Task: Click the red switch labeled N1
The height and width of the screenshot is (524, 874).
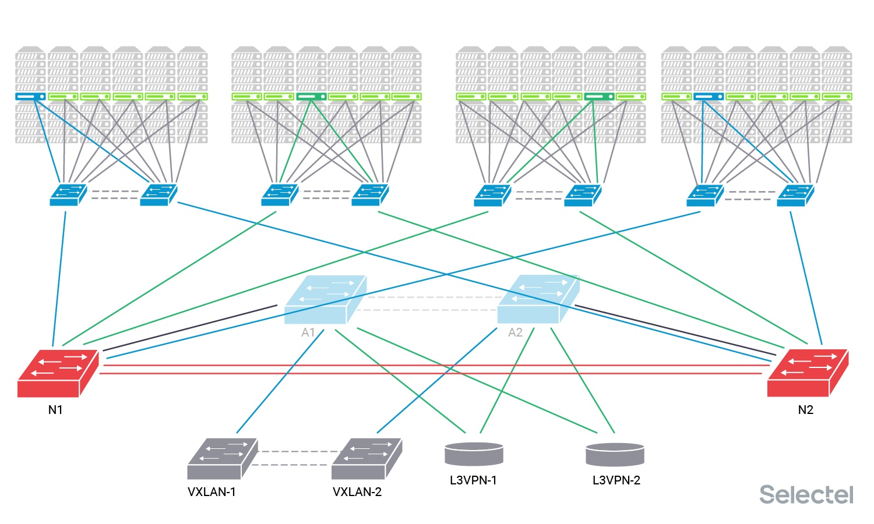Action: point(57,374)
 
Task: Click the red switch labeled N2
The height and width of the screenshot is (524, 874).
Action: point(807,374)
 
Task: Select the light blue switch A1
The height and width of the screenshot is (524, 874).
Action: point(325,299)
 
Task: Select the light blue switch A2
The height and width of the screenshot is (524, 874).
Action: point(537,299)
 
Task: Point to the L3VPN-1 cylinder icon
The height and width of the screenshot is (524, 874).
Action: point(474,454)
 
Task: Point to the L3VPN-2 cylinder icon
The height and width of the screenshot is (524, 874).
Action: point(615,455)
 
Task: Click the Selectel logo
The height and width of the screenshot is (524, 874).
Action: point(806,495)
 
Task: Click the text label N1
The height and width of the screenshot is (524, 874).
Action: point(55,410)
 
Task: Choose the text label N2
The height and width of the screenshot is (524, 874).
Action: point(805,410)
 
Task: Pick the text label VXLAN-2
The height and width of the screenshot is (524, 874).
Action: point(357,492)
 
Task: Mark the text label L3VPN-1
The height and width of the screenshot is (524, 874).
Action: point(473,480)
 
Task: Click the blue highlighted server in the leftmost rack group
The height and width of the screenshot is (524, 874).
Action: point(30,96)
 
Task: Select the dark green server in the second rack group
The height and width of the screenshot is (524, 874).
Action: point(311,96)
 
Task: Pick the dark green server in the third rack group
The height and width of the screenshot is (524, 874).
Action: point(598,96)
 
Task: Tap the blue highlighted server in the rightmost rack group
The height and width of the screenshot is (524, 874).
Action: point(708,96)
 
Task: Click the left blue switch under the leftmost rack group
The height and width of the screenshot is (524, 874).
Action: point(68,195)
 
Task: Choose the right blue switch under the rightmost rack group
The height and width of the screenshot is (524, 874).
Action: point(795,195)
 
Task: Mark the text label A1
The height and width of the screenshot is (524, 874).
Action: point(308,332)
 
